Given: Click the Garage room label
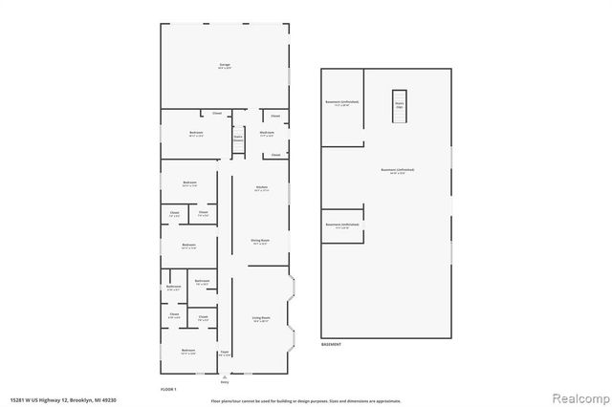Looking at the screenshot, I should [224, 65].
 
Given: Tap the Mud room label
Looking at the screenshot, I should [268, 134].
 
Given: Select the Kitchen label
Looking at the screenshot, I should [261, 188].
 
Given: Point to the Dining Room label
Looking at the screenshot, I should [259, 243].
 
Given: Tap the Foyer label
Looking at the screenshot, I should [224, 353].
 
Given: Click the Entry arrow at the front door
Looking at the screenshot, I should [225, 377].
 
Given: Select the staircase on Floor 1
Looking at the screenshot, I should [238, 140].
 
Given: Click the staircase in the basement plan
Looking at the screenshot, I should [400, 104].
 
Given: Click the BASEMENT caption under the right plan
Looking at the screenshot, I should [331, 343].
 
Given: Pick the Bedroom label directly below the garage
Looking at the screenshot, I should [196, 134].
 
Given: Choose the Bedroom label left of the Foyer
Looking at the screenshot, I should [188, 352].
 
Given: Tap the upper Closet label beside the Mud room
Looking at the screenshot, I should [275, 115].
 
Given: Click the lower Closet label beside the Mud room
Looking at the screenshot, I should [275, 154].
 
